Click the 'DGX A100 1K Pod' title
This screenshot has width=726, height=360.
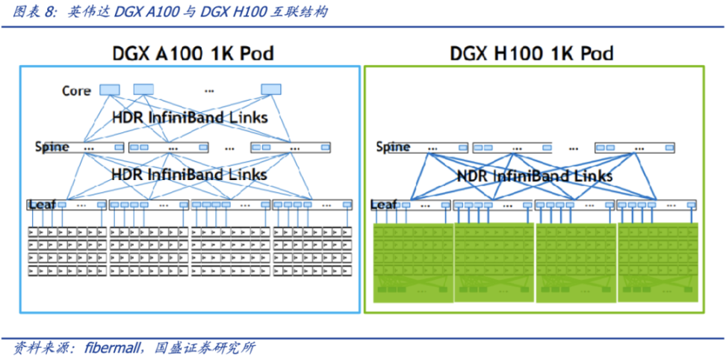click(x=193, y=54)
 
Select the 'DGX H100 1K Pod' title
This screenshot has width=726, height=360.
click(x=531, y=54)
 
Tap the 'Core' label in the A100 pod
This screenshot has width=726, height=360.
click(x=76, y=91)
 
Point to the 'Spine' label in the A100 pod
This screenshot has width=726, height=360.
click(x=52, y=146)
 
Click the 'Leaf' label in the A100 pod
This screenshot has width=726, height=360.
click(x=40, y=204)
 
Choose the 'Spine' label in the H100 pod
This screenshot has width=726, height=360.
click(x=393, y=147)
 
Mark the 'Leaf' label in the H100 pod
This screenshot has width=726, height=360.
click(x=384, y=204)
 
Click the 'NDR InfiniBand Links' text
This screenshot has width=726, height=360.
click(x=535, y=176)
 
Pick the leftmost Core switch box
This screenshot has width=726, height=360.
click(x=110, y=90)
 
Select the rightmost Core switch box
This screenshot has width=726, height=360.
click(x=271, y=90)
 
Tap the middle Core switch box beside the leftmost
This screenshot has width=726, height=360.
click(x=143, y=90)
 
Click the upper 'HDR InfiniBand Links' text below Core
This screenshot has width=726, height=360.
click(x=190, y=118)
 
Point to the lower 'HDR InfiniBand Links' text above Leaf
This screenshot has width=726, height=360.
click(x=189, y=175)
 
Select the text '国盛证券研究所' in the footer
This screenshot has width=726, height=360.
click(x=205, y=347)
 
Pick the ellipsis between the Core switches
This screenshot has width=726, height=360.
click(x=209, y=90)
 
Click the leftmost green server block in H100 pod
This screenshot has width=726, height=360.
click(x=412, y=261)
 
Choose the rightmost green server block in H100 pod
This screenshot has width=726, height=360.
click(x=658, y=261)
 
